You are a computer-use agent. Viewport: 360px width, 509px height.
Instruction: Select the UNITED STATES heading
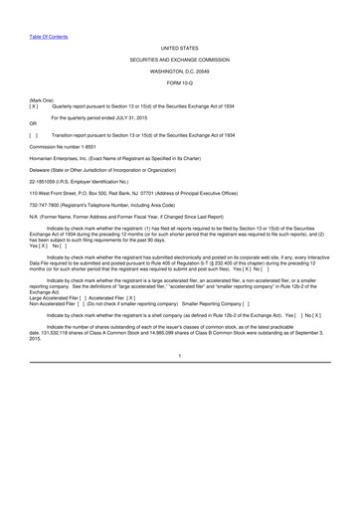(179, 46)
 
